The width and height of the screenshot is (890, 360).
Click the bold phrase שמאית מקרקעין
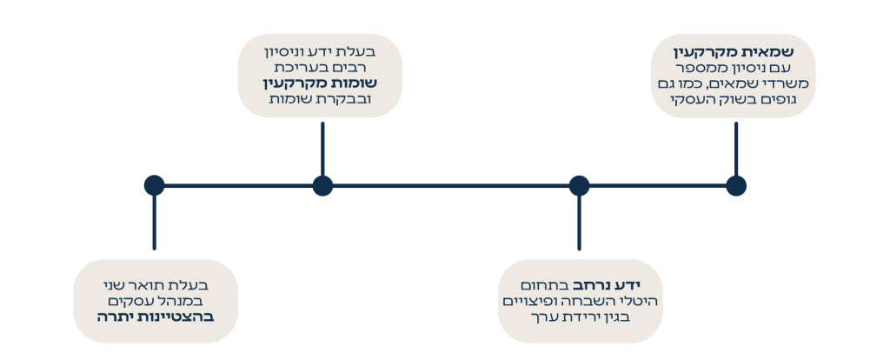[x=734, y=52]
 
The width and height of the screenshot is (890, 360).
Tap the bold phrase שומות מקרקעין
[x=320, y=83]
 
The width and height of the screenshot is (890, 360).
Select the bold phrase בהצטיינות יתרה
[x=155, y=317]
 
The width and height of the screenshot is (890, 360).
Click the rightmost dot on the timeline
[x=735, y=186]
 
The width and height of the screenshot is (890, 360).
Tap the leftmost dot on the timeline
[x=154, y=186]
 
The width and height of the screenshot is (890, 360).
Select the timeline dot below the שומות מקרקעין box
[x=322, y=186]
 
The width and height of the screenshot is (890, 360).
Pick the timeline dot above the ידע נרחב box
[x=579, y=186]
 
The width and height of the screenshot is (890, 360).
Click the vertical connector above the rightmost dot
[x=735, y=149]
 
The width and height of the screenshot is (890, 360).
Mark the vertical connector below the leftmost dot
[x=154, y=223]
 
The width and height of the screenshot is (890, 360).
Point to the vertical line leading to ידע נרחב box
[x=579, y=223]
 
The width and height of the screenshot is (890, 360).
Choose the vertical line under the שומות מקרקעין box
[x=322, y=149]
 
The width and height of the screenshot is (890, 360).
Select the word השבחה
[x=589, y=301]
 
